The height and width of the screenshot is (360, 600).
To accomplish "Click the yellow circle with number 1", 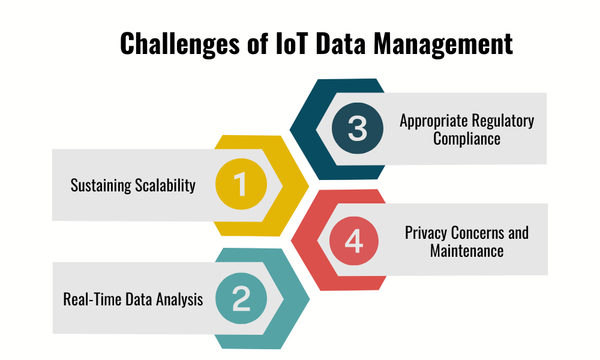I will tap(240, 185).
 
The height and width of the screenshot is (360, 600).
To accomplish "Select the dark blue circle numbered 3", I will tap(357, 128).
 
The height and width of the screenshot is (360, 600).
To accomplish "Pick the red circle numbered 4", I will tap(354, 241).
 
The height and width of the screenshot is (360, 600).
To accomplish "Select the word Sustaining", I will tap(100, 185).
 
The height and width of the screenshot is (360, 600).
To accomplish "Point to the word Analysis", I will tap(178, 299).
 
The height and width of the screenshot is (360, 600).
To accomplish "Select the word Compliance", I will tap(467, 139).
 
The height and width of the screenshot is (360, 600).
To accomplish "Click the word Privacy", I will tap(425, 233).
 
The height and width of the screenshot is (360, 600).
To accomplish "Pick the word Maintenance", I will tap(467, 251).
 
